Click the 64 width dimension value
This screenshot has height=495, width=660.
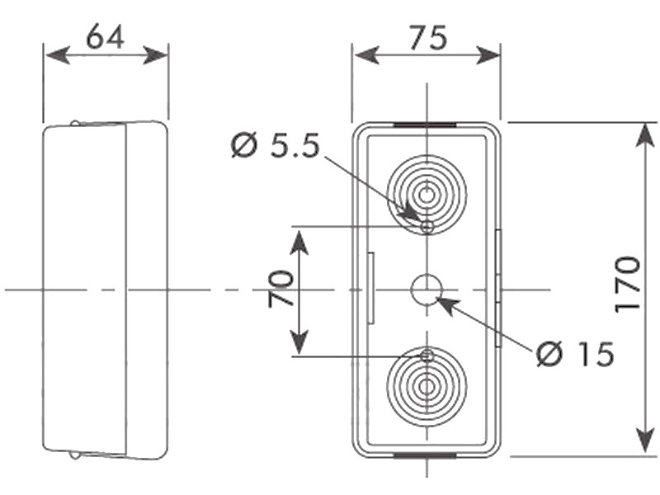coord(106,37)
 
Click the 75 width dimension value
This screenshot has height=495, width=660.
coord(427,37)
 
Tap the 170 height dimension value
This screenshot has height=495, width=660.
coord(628,284)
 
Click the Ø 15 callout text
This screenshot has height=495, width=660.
coord(575,355)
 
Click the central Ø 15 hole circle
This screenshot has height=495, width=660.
coord(427,290)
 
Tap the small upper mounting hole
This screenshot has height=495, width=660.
coord(427,226)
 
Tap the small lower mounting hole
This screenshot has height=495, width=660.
coord(427,356)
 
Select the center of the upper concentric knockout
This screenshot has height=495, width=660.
coord(427,196)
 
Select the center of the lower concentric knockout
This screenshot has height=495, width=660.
coord(427,385)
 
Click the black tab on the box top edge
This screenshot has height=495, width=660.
coord(426,125)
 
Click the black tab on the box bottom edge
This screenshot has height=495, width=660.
coord(426,454)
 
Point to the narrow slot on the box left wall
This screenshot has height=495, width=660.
coord(372,289)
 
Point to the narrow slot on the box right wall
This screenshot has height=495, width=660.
coord(498,289)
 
